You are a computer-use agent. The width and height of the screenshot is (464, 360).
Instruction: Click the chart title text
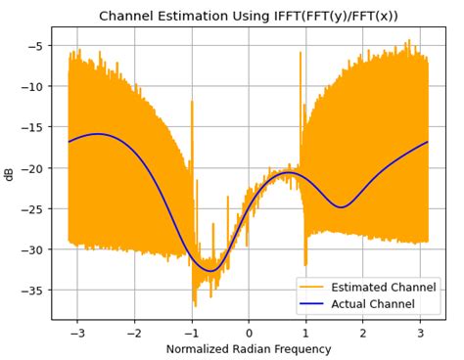click(248, 16)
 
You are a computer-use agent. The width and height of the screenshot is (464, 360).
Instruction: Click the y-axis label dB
click(10, 173)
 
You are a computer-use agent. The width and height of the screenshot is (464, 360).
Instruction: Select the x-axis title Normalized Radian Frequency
click(248, 349)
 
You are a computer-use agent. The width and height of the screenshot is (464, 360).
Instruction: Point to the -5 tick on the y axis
click(34, 45)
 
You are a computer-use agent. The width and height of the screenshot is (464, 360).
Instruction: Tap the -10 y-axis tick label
click(31, 86)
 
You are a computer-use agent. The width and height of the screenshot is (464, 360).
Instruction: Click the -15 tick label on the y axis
click(31, 127)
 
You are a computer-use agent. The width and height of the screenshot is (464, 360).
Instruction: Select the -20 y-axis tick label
click(31, 168)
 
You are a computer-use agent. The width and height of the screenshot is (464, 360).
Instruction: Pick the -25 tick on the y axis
click(31, 208)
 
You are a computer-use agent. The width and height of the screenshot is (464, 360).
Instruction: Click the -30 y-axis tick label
click(31, 249)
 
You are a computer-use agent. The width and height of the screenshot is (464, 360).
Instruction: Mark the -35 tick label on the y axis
click(31, 291)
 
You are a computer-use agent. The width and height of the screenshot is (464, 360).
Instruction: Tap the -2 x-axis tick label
click(132, 333)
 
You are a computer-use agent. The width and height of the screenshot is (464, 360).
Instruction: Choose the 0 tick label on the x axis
click(248, 333)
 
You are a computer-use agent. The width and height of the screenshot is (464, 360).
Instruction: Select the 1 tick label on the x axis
click(305, 333)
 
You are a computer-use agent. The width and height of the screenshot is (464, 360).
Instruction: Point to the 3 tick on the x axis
click(420, 333)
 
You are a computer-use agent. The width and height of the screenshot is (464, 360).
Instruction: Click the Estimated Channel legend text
click(386, 288)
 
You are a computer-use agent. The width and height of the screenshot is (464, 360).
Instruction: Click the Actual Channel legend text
click(376, 304)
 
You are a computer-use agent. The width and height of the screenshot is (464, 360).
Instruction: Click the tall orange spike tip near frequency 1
click(301, 53)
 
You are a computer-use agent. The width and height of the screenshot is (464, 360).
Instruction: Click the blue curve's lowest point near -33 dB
click(211, 271)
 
